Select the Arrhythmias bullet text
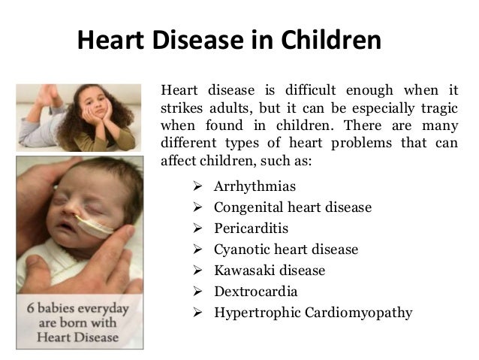(x=255, y=186)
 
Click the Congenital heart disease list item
(x=292, y=207)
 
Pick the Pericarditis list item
(x=251, y=228)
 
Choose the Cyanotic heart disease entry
(x=286, y=249)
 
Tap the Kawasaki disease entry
(x=270, y=270)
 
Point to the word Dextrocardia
(x=255, y=291)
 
